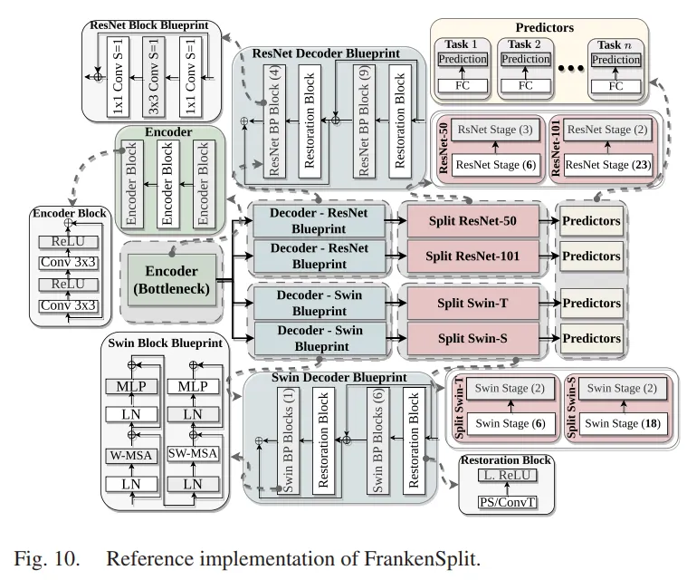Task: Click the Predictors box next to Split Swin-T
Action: pos(591,303)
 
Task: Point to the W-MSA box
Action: pos(127,453)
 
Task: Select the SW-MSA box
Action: pos(191,453)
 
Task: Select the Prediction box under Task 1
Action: pos(463,60)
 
